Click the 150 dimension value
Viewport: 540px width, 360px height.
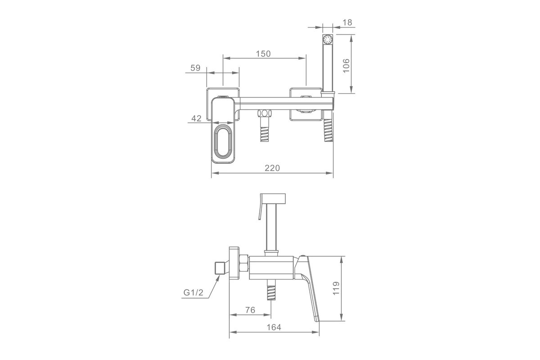(263, 54)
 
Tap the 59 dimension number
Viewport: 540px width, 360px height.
(195, 68)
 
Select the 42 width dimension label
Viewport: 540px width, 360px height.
(196, 118)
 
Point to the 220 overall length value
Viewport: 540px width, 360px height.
(272, 168)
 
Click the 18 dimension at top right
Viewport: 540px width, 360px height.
(347, 22)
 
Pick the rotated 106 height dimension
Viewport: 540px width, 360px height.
(346, 65)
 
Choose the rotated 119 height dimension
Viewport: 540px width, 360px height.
(336, 288)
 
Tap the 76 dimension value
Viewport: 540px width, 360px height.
(250, 310)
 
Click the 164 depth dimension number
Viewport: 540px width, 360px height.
(274, 327)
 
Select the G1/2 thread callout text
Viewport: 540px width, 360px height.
(193, 292)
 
